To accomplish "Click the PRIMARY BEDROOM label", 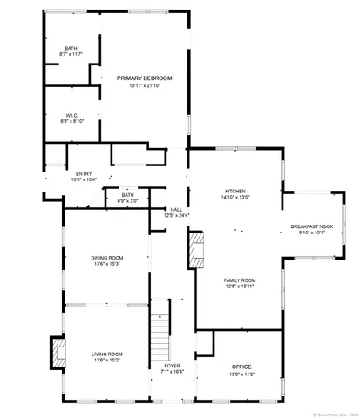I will [145, 78].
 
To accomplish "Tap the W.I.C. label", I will [72, 114].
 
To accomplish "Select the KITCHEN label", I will [235, 191].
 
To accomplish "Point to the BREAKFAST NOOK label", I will [312, 226].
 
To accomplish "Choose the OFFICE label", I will [241, 367].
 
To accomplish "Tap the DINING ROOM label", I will [107, 258].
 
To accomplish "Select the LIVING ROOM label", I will [107, 354].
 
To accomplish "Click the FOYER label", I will [172, 365].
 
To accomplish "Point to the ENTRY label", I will [85, 173].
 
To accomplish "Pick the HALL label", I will [176, 209].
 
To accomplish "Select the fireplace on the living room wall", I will [59, 354].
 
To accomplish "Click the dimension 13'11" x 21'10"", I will [145, 85].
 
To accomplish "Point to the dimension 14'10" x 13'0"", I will [235, 197].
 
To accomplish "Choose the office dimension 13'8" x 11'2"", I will [241, 374].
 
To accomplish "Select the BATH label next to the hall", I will [127, 195].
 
